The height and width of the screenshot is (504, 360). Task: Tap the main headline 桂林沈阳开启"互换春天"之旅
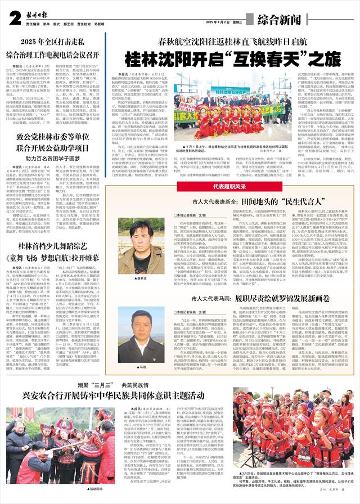[232, 57]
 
